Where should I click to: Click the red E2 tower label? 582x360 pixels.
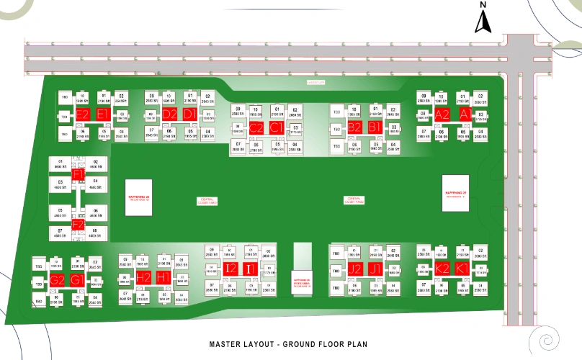(83, 114)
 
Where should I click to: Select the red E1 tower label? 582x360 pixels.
(102, 114)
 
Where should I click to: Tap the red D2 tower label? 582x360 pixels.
(170, 114)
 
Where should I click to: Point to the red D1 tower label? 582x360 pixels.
(189, 114)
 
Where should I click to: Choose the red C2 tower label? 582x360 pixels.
(256, 127)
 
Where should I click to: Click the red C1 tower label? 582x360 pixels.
(276, 127)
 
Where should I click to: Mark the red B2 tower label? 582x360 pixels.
(355, 127)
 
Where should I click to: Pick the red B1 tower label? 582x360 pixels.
(375, 127)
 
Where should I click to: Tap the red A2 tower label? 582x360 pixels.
(442, 114)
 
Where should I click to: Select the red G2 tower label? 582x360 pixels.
(58, 280)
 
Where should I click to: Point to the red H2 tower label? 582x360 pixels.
(144, 277)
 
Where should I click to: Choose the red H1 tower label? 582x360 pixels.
(164, 277)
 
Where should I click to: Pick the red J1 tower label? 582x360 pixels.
(375, 269)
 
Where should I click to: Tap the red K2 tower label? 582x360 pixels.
(442, 269)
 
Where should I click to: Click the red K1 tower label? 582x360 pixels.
(462, 269)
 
